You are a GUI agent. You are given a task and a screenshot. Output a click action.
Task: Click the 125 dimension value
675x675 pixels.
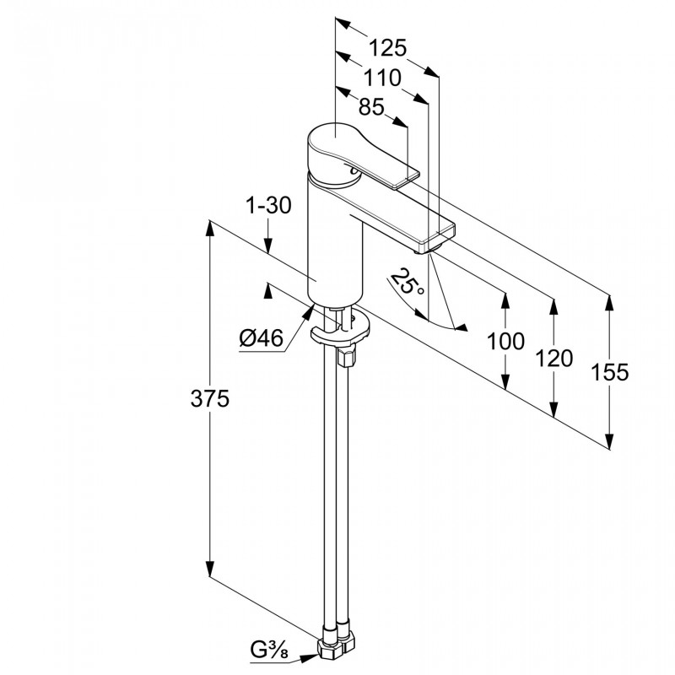(x=388, y=47)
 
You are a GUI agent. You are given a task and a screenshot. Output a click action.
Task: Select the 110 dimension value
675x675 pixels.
(x=381, y=78)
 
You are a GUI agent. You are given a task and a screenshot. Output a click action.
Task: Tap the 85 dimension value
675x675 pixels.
(x=371, y=107)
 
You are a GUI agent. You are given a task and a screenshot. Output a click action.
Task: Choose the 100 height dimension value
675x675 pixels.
(x=506, y=342)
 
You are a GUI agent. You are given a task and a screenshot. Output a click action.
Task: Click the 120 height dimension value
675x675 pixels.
(x=553, y=358)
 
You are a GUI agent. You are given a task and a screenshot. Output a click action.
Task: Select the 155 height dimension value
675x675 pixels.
(x=610, y=372)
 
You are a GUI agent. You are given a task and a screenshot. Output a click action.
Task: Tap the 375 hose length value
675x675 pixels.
(x=209, y=399)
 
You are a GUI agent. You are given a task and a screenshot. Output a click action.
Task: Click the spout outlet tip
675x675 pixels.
(x=426, y=247)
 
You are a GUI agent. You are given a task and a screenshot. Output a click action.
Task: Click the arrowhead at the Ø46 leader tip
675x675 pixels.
(x=307, y=312)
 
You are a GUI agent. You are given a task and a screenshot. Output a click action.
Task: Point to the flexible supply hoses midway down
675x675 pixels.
(x=333, y=489)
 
